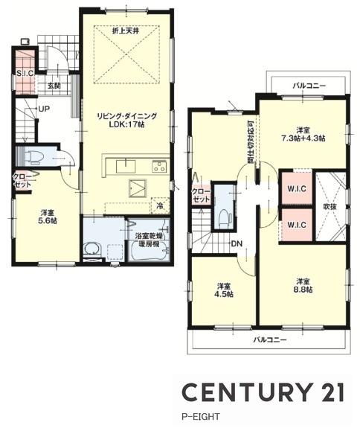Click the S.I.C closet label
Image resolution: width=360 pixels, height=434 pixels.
coord(25,74)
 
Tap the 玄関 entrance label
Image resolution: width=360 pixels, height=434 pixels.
coord(54,86)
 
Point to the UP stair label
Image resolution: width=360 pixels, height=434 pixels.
coord(44,109)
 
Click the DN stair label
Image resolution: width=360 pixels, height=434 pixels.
coord(237,244)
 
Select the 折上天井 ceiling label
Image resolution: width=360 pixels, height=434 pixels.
coord(125,31)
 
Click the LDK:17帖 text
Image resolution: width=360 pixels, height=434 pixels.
coord(127,124)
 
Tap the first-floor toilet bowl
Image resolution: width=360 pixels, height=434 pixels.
coord(34,157)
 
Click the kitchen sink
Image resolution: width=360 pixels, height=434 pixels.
coord(126,166)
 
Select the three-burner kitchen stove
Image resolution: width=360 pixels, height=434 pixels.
coord(159,167)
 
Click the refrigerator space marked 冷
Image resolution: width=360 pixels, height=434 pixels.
coord(160,205)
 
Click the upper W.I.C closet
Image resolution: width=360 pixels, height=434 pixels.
coord(297,188)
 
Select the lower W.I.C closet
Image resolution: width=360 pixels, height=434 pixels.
coord(297,225)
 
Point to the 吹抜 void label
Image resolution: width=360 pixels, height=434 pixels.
coord(331,206)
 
